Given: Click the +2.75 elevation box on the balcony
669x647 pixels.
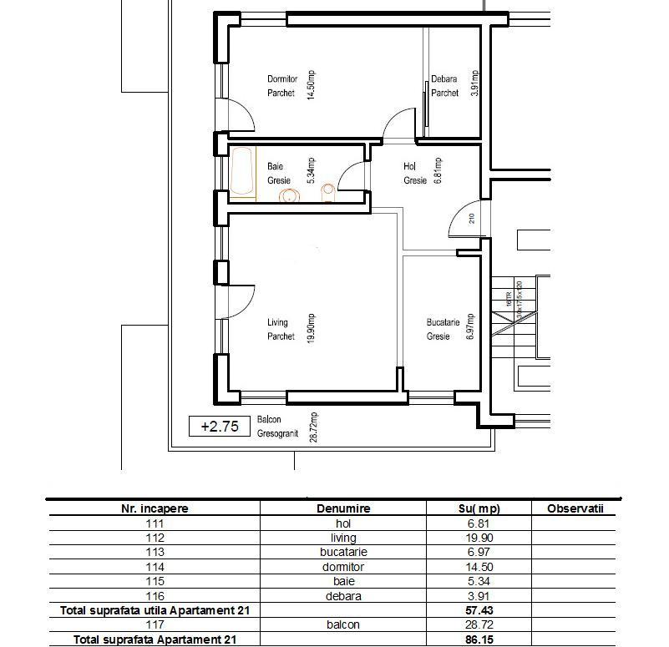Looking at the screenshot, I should pos(220,427).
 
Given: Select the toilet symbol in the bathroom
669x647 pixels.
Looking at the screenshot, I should pos(328,194).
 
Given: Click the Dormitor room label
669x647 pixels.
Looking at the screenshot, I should pos(281,86).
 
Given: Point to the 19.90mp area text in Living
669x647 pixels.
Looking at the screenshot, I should pos(311,329).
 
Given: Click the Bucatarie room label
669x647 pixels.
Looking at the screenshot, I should pos(442,329).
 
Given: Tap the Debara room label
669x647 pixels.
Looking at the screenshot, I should pos(444,86).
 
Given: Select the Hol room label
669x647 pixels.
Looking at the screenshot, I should pos(415,173).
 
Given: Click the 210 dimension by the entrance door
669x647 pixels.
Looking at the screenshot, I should pos(472,219).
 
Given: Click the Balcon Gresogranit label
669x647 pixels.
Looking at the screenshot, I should pos(277,427).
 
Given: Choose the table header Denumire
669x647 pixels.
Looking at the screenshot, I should pos(343,508).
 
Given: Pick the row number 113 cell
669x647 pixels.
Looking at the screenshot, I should pos(155,553).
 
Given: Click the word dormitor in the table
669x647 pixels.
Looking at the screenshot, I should pos(343,567).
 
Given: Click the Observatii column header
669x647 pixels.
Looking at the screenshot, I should pos(575,508).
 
